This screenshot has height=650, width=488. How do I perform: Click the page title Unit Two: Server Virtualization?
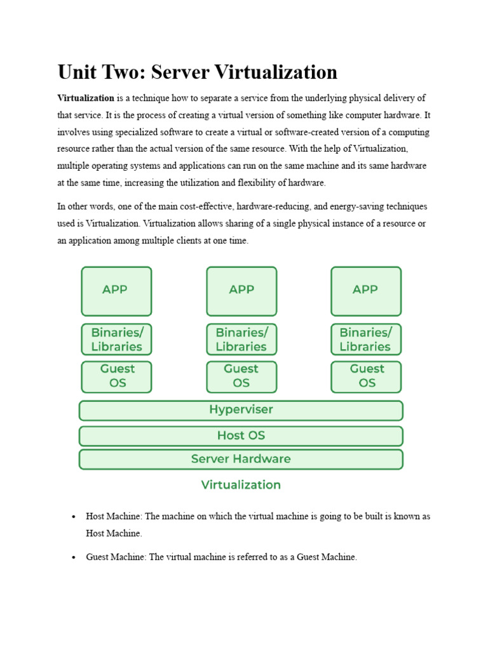197,72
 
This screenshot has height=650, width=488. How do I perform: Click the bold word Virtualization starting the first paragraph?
86,98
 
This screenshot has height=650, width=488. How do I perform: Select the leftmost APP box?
116,291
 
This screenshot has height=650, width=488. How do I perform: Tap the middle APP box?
241,291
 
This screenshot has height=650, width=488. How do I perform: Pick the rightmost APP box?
366,291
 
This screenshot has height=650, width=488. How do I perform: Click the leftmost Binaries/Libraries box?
116,340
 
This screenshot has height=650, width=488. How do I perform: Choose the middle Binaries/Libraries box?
241,340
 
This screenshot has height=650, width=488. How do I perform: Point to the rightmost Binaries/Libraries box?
366,340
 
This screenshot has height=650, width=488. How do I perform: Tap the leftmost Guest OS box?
116,376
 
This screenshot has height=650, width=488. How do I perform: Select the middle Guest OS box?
241,376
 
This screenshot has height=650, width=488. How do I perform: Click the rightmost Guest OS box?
366,376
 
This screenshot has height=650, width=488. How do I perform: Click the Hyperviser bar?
241,411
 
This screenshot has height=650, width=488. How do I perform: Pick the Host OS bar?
241,436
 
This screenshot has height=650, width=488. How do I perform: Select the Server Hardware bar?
241,459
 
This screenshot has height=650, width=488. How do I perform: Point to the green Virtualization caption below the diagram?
241,485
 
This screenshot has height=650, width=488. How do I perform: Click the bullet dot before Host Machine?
74,517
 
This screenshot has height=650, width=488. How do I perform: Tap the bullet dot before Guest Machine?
74,557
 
